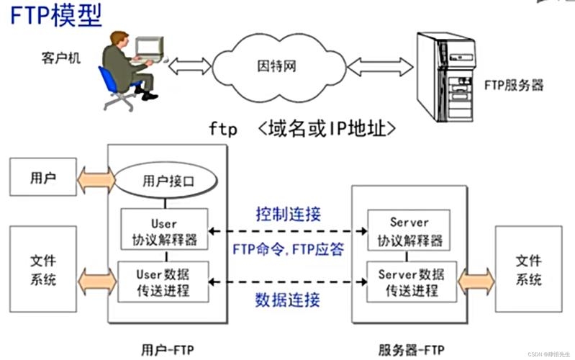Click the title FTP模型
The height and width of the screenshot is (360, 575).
point(56,16)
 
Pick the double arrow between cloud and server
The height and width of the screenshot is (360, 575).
point(370,67)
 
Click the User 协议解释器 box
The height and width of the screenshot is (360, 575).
point(164,230)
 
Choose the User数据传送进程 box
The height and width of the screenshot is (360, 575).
point(164,282)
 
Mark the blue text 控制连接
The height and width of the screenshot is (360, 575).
point(288,214)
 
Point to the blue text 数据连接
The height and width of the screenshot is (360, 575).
point(288,299)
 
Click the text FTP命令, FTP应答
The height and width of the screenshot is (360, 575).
point(288,248)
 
